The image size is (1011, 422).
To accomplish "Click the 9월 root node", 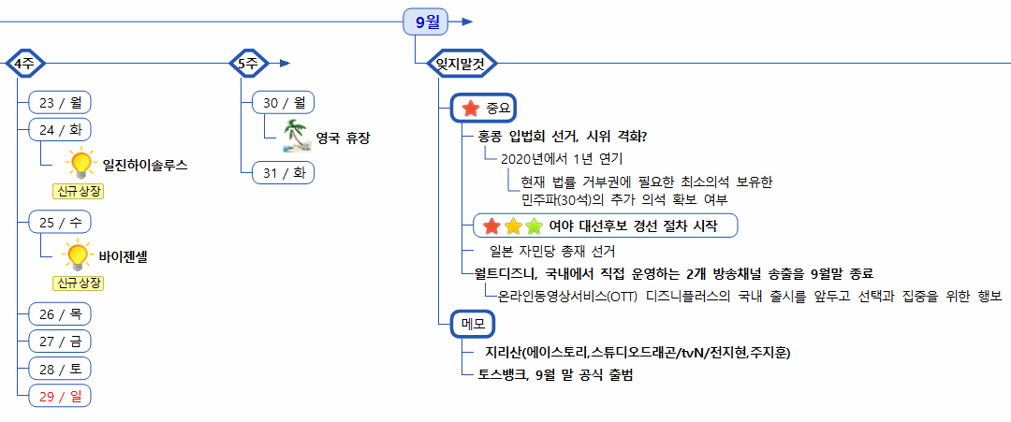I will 426,21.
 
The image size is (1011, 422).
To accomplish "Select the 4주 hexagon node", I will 25,64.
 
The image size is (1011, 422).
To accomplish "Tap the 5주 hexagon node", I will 249,64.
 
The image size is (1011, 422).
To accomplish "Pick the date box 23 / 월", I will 60,102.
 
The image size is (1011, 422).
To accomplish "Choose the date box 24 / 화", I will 60,129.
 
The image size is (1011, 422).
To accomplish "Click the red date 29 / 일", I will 60,396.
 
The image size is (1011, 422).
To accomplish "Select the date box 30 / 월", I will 284,102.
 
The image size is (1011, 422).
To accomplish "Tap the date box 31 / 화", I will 284,172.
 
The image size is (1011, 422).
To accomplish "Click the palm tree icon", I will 297,137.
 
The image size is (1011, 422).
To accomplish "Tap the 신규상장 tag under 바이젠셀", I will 79,283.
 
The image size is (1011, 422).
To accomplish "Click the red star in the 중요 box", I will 471,109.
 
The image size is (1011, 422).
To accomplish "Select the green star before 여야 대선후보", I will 534,226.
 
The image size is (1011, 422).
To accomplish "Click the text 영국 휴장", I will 343,138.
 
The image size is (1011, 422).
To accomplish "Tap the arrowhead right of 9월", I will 467,21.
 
